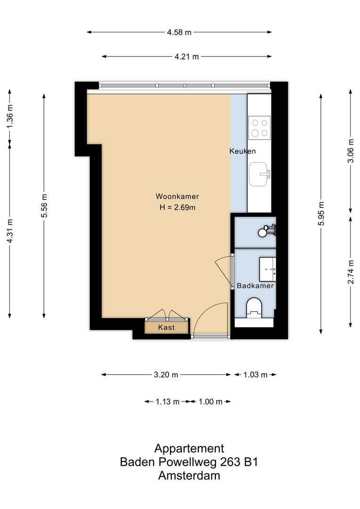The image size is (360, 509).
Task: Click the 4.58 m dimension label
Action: tap(179, 33)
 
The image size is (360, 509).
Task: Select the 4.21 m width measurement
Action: tap(187, 57)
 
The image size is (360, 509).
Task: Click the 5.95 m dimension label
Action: tap(321, 213)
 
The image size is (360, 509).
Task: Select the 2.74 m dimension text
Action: tap(350, 272)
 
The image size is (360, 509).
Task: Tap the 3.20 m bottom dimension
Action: tap(166, 375)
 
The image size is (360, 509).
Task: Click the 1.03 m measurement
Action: tap(255, 375)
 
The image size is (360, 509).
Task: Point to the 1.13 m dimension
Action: tap(167, 402)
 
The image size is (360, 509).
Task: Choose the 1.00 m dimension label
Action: tap(210, 402)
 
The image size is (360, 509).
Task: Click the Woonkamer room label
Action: tap(177, 197)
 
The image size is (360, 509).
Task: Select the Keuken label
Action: tap(242, 151)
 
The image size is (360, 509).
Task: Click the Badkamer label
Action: tap(255, 286)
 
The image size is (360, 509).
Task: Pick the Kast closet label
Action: tap(167, 327)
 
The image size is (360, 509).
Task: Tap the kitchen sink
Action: tap(260, 175)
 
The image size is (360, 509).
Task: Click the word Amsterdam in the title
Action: tap(189, 476)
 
